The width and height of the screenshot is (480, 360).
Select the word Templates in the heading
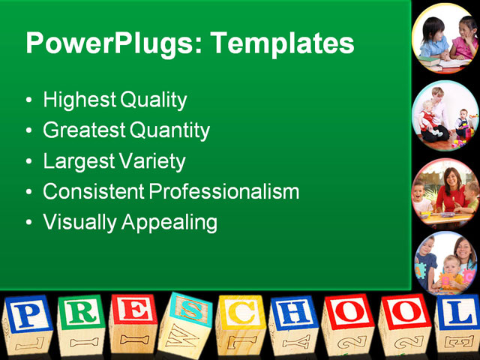pos(282,43)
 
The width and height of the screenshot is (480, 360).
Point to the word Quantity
pos(169,130)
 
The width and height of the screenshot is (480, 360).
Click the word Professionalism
pos(224,192)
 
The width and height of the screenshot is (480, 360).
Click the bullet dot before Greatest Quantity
pos(28,131)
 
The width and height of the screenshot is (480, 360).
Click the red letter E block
pos(134,322)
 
